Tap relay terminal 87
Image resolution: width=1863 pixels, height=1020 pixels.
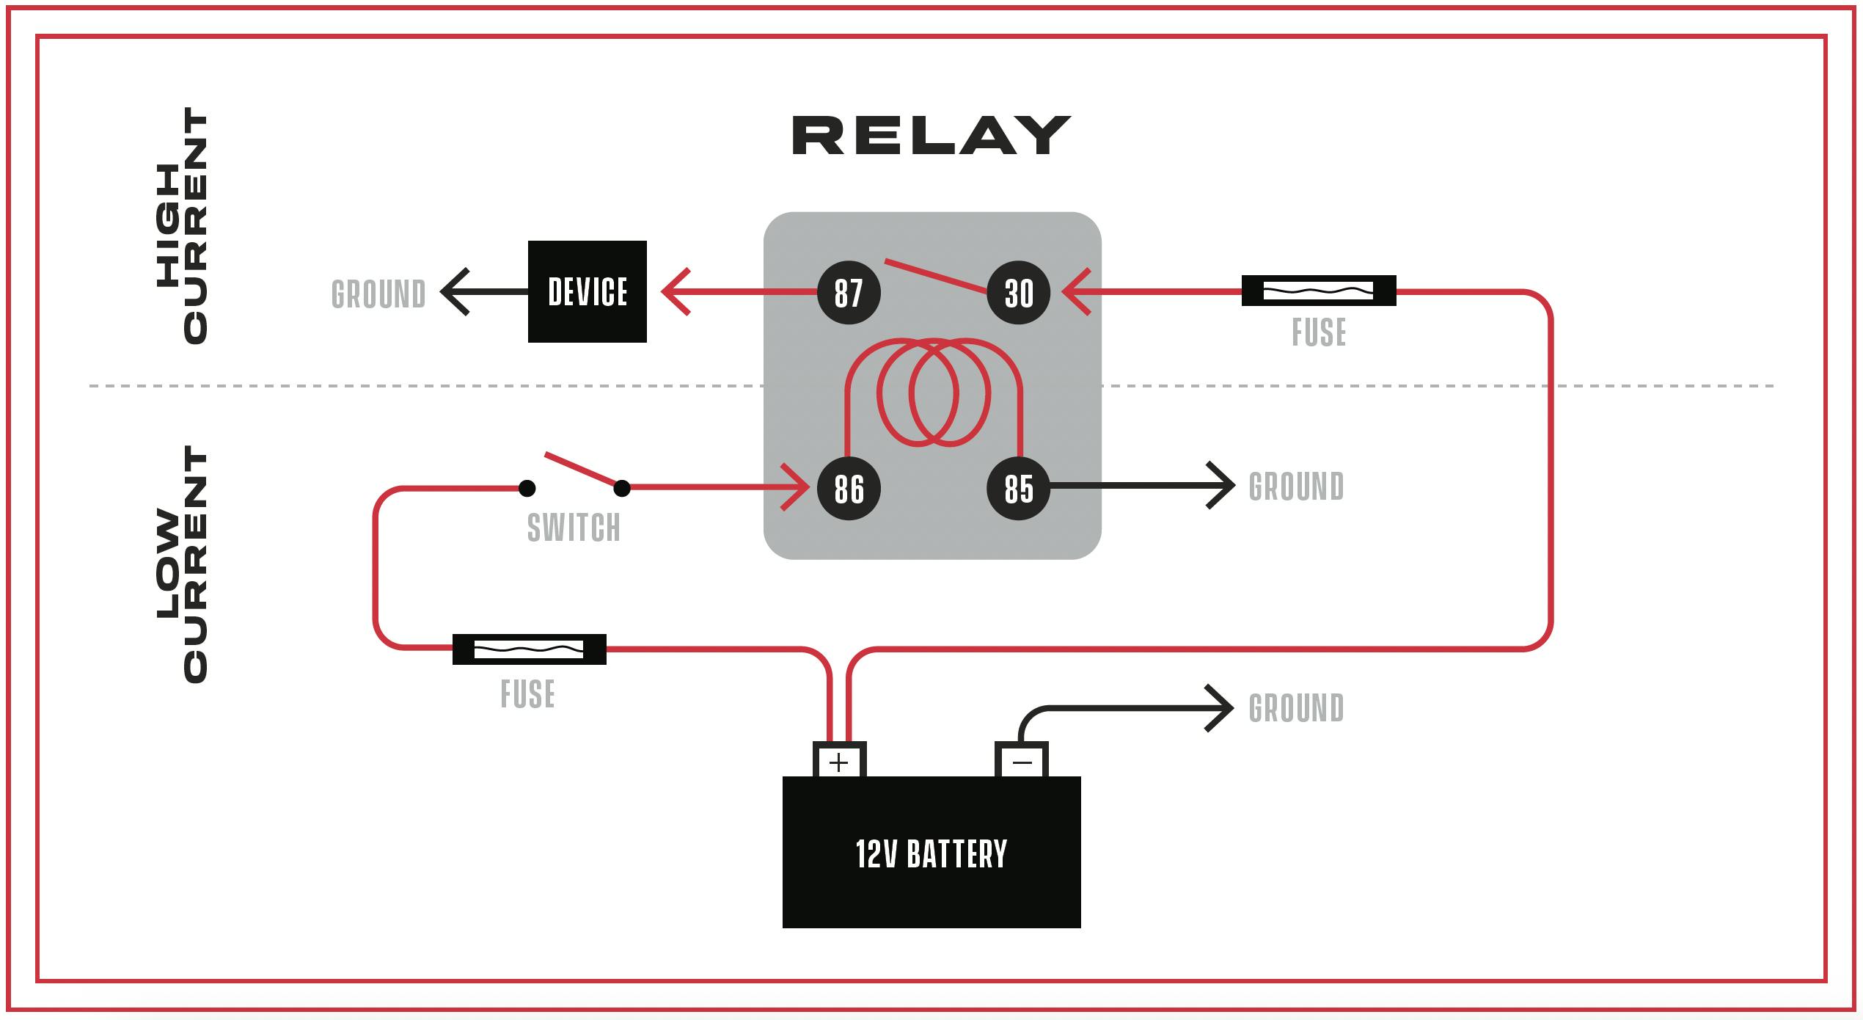point(849,293)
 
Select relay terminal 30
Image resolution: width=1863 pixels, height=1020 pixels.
point(1019,293)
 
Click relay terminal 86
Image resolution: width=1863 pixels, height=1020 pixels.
point(849,489)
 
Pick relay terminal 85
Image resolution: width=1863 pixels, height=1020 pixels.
point(1018,489)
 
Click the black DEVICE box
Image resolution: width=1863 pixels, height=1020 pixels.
point(588,291)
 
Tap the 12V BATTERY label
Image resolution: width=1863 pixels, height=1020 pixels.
point(931,854)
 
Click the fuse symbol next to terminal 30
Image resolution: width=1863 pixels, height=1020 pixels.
point(1318,291)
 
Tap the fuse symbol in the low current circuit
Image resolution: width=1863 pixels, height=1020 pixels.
point(529,649)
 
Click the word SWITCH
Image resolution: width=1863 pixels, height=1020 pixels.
point(574,528)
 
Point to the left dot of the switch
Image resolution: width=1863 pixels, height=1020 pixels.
point(527,488)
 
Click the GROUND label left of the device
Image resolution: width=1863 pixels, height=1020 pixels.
point(378,294)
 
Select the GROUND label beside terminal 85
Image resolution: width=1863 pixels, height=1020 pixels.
point(1296,487)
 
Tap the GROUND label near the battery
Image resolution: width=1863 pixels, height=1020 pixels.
point(1296,708)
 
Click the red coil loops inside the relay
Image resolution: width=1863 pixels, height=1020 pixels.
point(933,393)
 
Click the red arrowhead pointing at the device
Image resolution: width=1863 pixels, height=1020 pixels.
point(673,292)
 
